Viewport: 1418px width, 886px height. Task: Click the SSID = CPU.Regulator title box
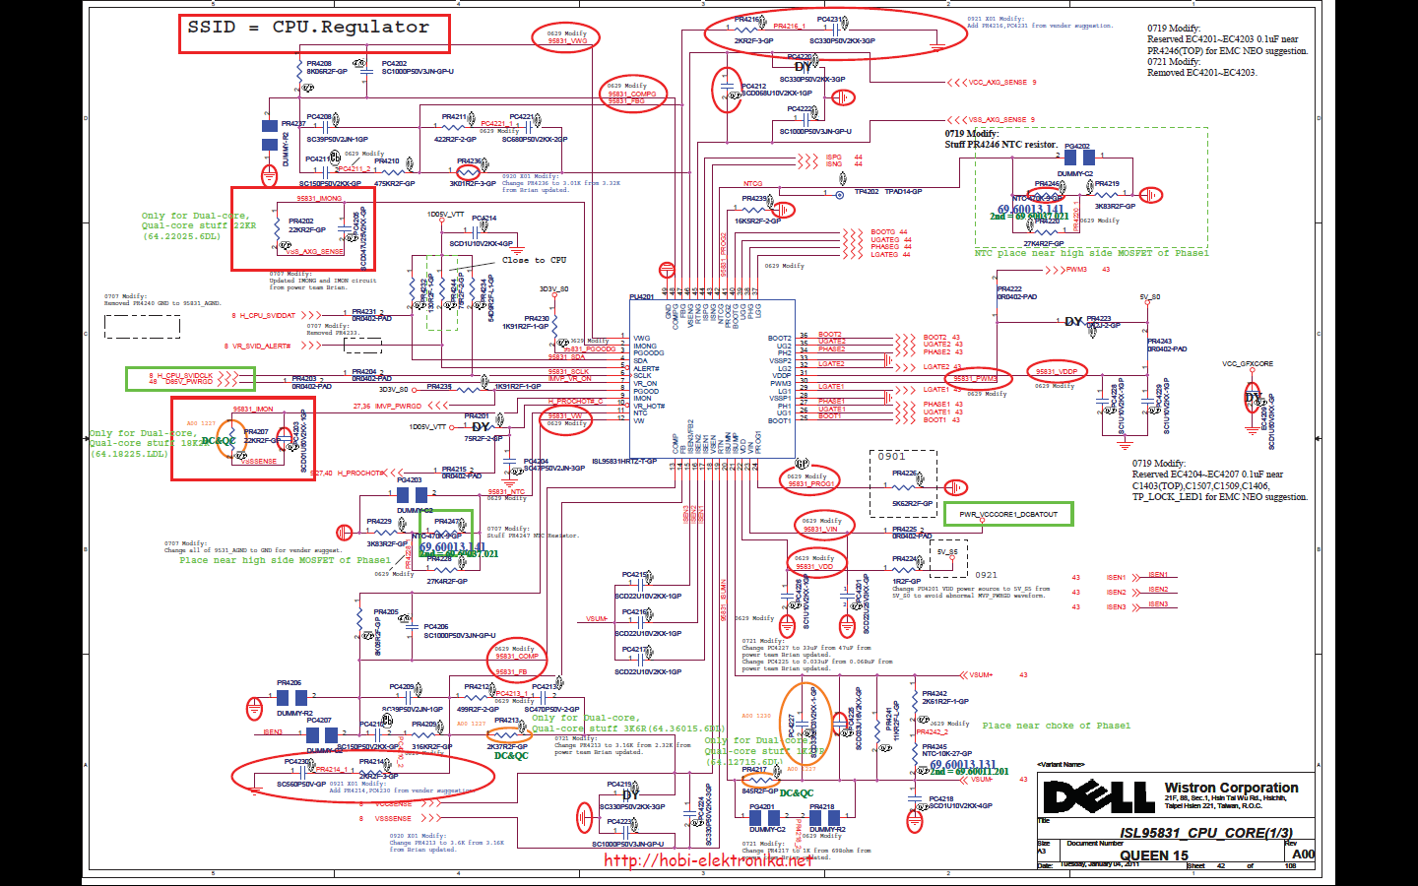click(x=313, y=32)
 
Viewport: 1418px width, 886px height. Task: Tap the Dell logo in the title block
click(x=1098, y=796)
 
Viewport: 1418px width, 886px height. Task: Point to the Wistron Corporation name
click(x=1231, y=789)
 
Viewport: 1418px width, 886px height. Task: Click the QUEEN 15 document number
click(x=1153, y=855)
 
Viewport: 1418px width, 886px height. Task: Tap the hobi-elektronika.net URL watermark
click(x=708, y=861)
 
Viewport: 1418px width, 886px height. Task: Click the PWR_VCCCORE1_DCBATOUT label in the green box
click(x=1008, y=514)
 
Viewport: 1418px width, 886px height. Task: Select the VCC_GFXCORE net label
click(x=1248, y=364)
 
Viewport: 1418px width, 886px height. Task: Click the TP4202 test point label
click(x=867, y=192)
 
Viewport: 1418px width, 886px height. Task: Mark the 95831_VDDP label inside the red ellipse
click(x=1057, y=372)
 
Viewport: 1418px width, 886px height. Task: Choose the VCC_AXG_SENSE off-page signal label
click(x=998, y=83)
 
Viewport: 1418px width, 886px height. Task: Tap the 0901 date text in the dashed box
click(x=892, y=457)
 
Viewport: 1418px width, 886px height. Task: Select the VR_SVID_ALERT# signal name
click(x=261, y=347)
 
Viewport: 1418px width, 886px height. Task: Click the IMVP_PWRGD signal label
click(x=398, y=406)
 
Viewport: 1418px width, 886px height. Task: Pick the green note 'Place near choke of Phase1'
click(x=1056, y=726)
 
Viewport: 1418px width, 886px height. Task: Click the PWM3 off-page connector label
click(x=1076, y=270)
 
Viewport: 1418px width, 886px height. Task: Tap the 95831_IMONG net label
click(x=320, y=199)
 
